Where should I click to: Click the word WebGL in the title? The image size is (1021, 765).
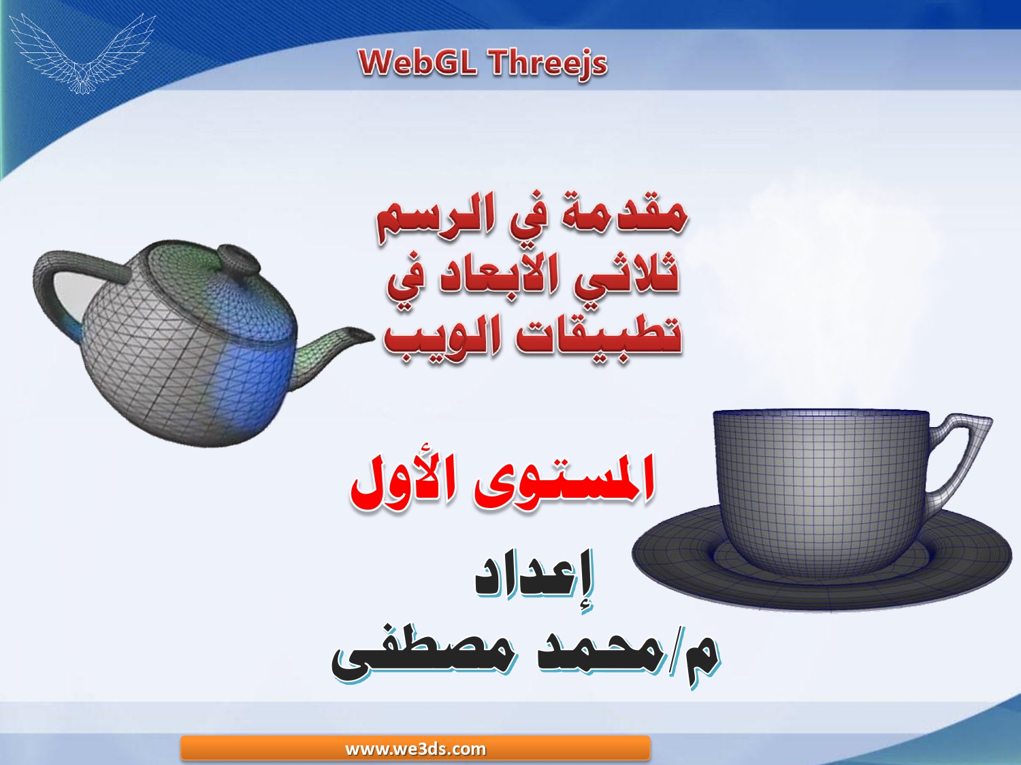418,63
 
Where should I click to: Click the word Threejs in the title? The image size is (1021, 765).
549,64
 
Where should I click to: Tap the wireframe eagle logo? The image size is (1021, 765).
83,53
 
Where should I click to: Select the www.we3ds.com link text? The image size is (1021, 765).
415,749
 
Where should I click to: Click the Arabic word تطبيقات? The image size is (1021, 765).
598,335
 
